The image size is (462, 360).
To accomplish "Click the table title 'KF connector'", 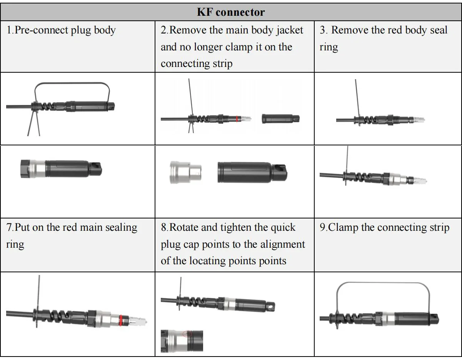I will coord(231,12).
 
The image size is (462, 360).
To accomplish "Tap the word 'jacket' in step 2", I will coord(288,30).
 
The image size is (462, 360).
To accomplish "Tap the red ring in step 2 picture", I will coord(237,119).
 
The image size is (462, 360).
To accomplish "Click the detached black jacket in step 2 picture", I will coord(280,118).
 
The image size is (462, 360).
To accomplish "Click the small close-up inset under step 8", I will coord(182,340).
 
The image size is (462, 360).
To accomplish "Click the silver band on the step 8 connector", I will coord(231,303).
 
